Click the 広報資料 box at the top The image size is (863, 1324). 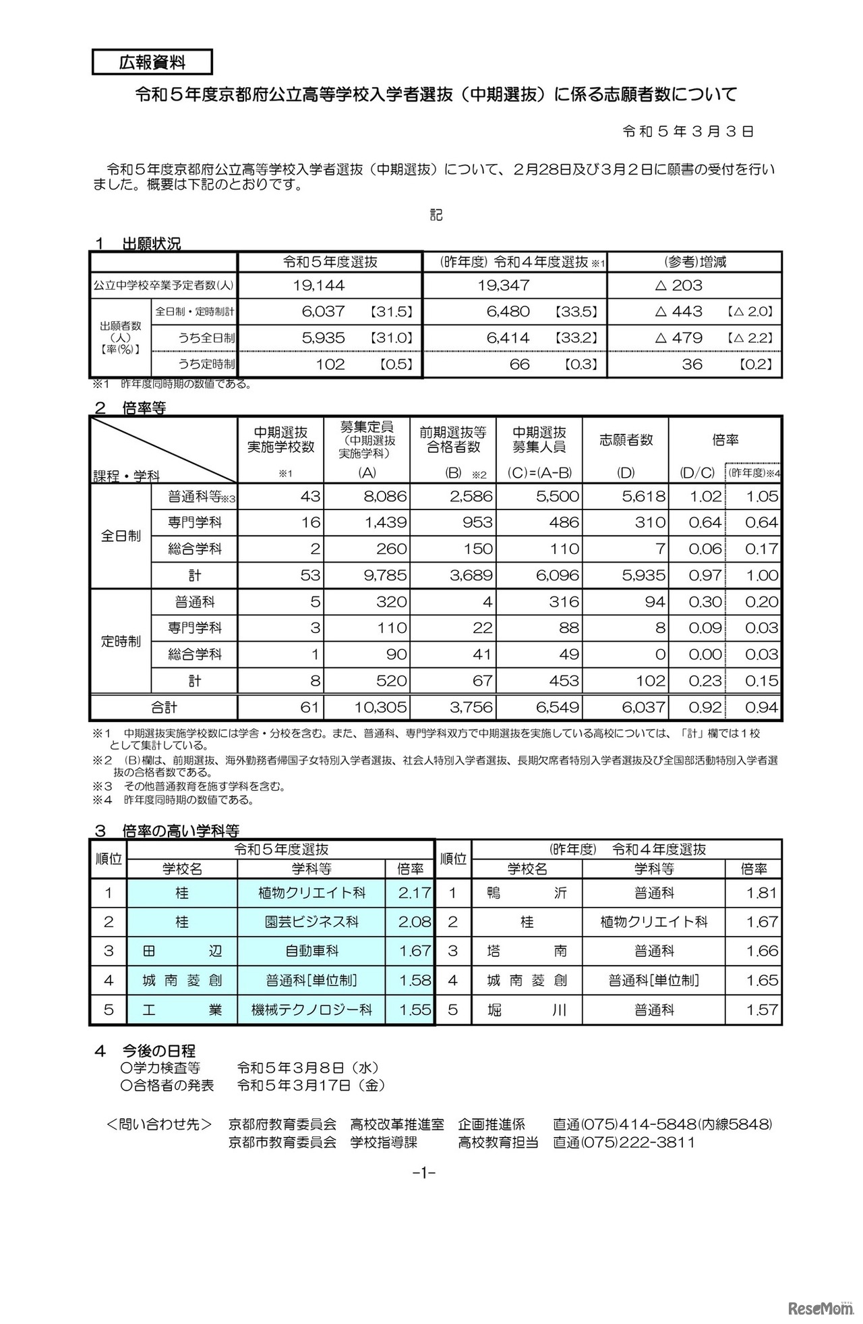152,63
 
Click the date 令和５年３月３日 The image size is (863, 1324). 688,132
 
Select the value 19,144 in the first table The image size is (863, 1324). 319,285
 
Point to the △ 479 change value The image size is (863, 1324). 679,338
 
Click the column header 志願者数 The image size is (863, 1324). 626,440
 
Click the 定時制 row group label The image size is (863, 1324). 121,641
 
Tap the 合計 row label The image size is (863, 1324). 164,707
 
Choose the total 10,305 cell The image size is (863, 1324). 380,707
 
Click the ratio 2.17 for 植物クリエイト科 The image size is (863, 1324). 414,893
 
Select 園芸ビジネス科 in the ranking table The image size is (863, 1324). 311,922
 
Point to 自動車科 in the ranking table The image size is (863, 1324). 311,951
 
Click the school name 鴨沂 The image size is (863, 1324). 527,893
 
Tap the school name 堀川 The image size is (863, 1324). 527,1010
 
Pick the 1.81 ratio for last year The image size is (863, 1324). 762,893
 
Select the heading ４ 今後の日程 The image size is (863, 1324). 145,1051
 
